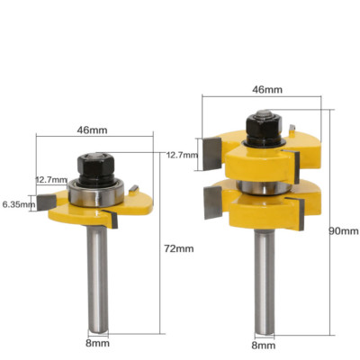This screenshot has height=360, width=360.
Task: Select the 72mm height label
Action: point(180,247)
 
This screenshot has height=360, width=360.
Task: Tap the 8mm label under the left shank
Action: point(97,343)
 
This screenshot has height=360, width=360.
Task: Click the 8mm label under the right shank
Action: point(262,344)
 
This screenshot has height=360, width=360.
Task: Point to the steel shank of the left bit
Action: point(96,279)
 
